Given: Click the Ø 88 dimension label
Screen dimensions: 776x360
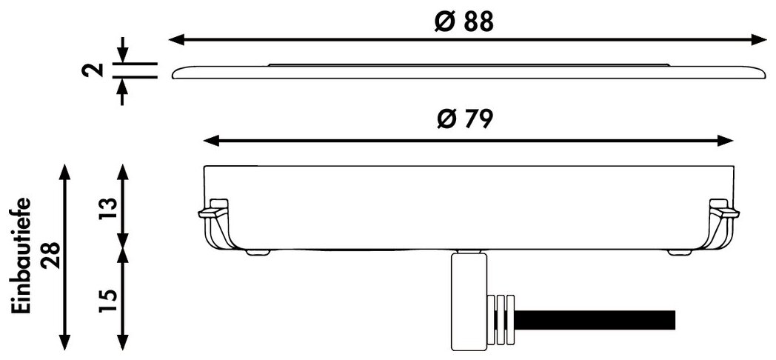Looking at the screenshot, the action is pyautogui.click(x=464, y=21).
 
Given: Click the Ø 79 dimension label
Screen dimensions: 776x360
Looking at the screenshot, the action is pyautogui.click(x=465, y=119).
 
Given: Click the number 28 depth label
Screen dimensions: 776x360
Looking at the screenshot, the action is pyautogui.click(x=51, y=256).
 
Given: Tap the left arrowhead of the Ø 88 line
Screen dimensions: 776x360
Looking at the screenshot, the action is pyautogui.click(x=177, y=40).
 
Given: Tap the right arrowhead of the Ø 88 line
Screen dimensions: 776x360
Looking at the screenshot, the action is pyautogui.click(x=759, y=40).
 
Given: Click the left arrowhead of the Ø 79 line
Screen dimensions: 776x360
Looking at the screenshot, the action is pyautogui.click(x=211, y=141).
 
